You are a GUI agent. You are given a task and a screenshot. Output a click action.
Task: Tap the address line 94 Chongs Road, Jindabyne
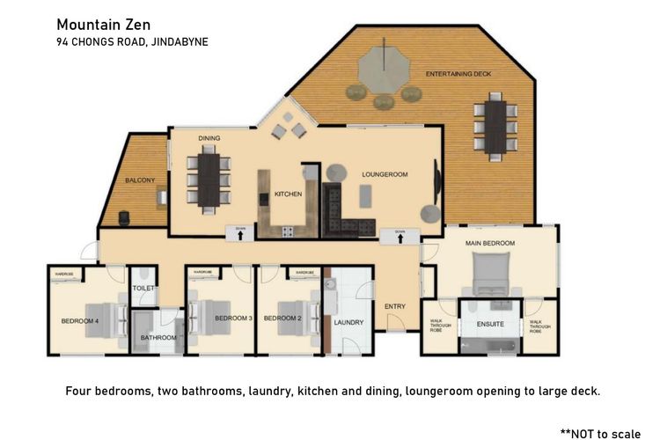coord(132,41)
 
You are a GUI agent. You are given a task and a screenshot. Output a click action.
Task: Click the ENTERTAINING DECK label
coord(458,74)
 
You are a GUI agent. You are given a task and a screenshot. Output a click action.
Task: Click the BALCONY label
coord(140,180)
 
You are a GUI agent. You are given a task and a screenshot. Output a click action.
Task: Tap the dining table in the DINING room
coord(209,179)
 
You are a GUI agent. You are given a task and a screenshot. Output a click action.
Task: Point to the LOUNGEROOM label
coord(385,174)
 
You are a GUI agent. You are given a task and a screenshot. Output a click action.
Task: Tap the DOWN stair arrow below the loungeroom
coord(400,236)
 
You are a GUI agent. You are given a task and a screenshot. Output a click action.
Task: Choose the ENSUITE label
coord(490,323)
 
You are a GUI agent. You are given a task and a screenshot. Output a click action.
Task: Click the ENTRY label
coord(395,306)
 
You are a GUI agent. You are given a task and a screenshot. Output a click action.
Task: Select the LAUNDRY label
coord(348,322)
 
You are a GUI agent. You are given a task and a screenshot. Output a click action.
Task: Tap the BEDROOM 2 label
coord(282,318)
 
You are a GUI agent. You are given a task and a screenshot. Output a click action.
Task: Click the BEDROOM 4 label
coord(80,321)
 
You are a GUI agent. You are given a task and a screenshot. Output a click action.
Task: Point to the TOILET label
coord(143,288)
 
